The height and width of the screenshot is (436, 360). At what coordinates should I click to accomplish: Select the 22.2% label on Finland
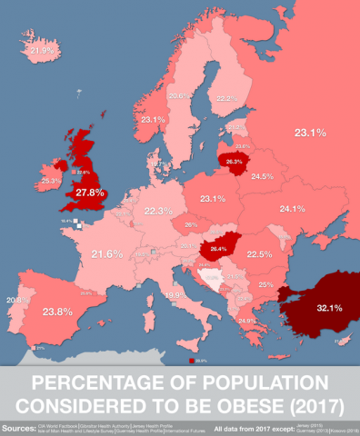(226, 98)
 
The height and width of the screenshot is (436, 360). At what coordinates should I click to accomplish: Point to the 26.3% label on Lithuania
(235, 162)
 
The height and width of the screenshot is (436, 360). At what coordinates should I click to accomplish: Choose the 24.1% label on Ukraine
(292, 208)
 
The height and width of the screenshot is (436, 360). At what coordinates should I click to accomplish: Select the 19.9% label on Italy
(177, 295)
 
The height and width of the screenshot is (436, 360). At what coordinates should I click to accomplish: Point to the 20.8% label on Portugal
(14, 300)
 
